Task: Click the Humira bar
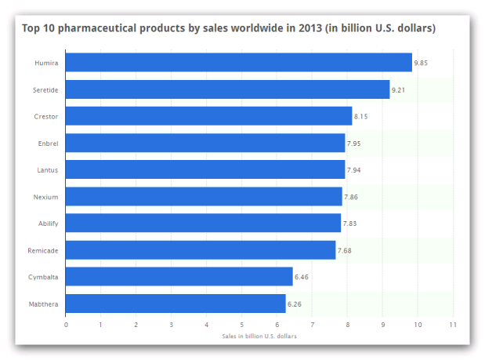[238, 63]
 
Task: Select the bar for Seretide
[227, 89]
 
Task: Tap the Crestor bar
[208, 116]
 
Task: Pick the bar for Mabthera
[176, 303]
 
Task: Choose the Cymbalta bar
[179, 276]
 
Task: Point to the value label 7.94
[355, 169]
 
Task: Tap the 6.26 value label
[295, 303]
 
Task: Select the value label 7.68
[346, 249]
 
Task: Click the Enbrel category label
[49, 143]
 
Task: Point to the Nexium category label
[47, 196]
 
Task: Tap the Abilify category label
[48, 223]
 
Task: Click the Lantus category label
[48, 169]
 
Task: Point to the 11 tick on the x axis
[452, 324]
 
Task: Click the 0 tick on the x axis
[66, 324]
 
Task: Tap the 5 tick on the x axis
[241, 324]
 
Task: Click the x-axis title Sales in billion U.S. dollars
[259, 336]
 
